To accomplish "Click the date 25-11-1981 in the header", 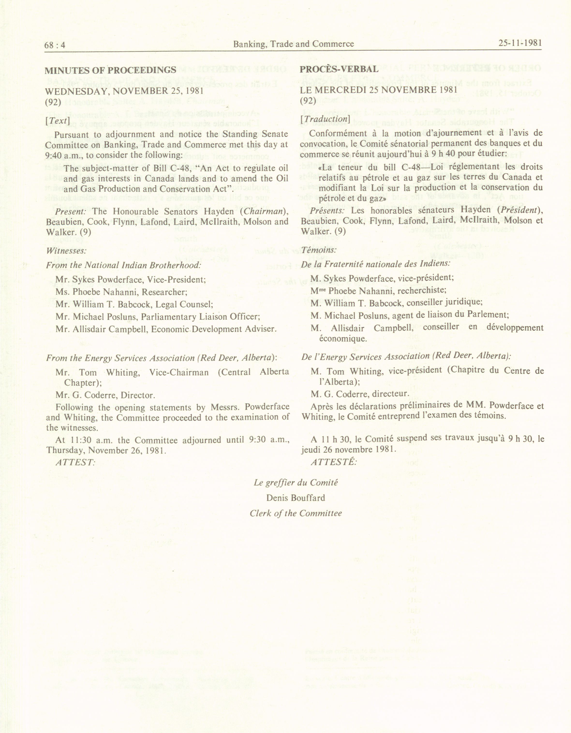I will (520, 43).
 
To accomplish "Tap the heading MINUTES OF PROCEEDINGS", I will (110, 70).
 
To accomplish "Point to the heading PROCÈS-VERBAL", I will (339, 69).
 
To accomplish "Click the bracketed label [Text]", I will (57, 121).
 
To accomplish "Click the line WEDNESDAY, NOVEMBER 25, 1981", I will (124, 91).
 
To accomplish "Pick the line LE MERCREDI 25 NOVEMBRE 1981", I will (378, 90).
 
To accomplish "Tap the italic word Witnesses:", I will (66, 251).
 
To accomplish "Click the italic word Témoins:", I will (319, 250).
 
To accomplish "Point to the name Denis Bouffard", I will (296, 498).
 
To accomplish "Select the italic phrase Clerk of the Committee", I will (296, 514).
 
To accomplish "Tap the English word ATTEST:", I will (75, 462).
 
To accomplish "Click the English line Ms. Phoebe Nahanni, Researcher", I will (121, 292).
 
